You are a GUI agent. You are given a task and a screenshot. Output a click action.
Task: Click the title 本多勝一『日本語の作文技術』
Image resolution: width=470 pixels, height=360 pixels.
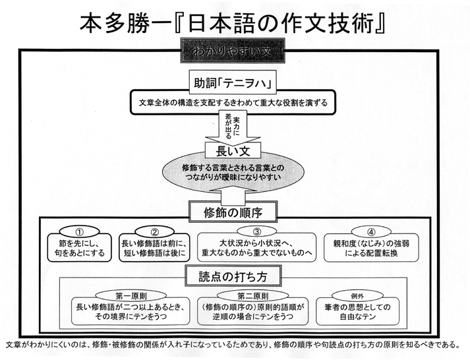coord(232,24)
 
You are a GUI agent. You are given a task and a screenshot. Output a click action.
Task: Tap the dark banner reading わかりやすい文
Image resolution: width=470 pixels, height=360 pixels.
coord(233,51)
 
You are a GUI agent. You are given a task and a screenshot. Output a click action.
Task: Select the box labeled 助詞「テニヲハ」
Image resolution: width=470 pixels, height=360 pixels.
coord(233,82)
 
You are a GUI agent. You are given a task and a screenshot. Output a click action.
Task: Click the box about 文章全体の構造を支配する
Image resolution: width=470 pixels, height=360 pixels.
coord(233,102)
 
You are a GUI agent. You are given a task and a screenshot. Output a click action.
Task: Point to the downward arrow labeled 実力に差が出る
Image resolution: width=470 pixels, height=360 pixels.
coord(233,127)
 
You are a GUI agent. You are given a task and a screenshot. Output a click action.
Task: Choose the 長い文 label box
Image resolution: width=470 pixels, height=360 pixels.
coord(233,151)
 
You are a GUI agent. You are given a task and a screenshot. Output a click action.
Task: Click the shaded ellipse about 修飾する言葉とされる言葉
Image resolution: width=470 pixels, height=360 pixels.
coord(233,172)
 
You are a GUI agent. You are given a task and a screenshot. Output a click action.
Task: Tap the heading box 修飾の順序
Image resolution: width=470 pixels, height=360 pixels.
coord(233,212)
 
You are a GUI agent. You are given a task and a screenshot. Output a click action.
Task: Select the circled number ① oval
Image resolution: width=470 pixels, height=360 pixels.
coord(80,232)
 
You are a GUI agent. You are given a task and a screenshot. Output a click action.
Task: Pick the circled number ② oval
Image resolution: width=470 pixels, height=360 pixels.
coord(155,232)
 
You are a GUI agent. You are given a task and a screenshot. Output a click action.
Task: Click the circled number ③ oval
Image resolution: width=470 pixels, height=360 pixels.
coord(257,231)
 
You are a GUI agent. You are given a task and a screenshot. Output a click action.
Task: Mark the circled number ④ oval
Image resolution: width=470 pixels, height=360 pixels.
coord(371,232)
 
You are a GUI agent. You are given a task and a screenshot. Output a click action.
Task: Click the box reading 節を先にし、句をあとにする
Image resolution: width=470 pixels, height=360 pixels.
coord(80,248)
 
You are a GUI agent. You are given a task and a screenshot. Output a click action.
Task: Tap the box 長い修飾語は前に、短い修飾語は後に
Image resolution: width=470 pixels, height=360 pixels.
coord(155,248)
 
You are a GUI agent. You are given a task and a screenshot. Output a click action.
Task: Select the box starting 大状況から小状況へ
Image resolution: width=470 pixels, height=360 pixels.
coord(256,247)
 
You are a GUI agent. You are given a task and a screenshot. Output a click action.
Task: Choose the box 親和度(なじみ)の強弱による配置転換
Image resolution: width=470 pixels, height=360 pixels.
coord(371,248)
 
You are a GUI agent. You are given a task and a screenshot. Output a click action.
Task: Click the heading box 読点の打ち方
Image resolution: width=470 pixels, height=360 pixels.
coord(233,276)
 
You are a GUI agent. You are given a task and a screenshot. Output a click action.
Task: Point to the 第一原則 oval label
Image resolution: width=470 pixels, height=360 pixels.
coord(131,296)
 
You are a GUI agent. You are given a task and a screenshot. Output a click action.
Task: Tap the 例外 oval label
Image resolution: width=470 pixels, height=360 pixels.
coord(357,296)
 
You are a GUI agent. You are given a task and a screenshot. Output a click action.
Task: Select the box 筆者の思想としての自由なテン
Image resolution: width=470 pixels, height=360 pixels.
coord(357,312)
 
